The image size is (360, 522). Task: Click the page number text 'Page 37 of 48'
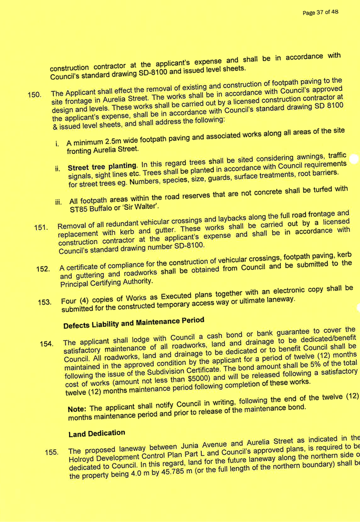click(320, 12)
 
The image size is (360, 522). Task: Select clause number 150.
click(35, 95)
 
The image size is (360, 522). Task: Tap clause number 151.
click(41, 228)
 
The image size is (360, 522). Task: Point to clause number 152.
click(43, 269)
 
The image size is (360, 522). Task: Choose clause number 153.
click(45, 303)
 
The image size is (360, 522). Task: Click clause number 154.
click(47, 344)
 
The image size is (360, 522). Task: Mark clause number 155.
click(51, 452)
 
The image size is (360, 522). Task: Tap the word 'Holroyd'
click(82, 459)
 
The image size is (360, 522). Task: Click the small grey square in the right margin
click(354, 158)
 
